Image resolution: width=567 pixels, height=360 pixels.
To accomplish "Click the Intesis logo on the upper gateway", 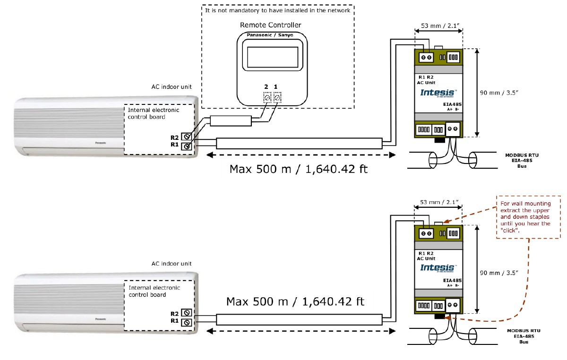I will click(437, 92).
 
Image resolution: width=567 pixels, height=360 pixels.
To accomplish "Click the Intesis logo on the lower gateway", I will click(437, 268).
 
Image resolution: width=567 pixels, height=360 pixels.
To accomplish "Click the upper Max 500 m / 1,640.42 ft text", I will click(298, 169).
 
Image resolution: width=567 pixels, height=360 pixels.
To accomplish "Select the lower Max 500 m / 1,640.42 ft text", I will click(295, 301).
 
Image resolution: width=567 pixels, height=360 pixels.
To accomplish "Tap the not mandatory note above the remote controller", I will click(277, 10).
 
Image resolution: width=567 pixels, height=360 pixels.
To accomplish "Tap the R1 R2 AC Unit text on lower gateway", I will click(427, 256).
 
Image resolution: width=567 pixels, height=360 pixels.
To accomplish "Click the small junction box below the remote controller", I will click(230, 121).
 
